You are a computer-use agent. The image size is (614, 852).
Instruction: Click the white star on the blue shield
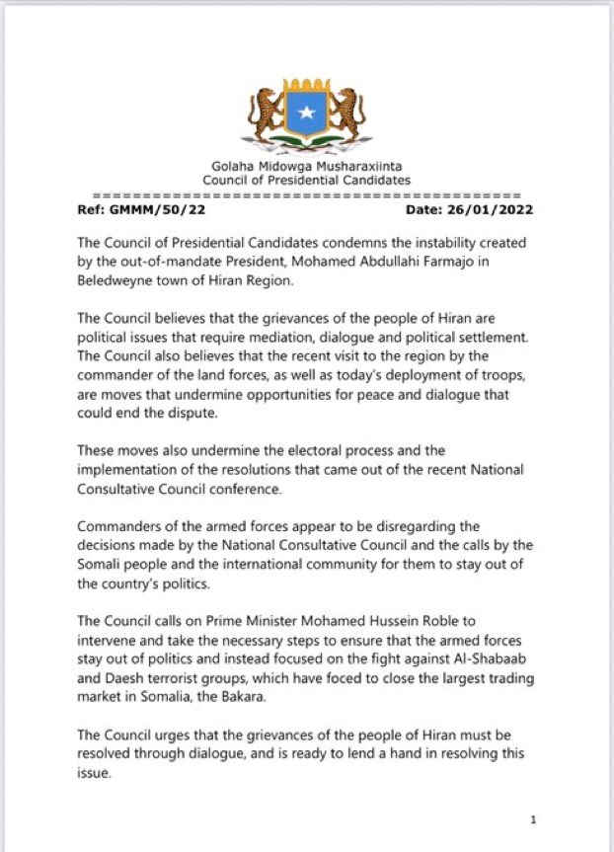coord(307,116)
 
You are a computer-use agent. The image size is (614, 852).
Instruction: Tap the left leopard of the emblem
coord(265,115)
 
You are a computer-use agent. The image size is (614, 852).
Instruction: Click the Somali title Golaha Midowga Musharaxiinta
coord(306,168)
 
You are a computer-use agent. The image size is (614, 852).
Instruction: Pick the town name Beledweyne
coord(120,280)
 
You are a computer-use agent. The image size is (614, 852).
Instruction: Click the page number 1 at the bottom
coord(533,820)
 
